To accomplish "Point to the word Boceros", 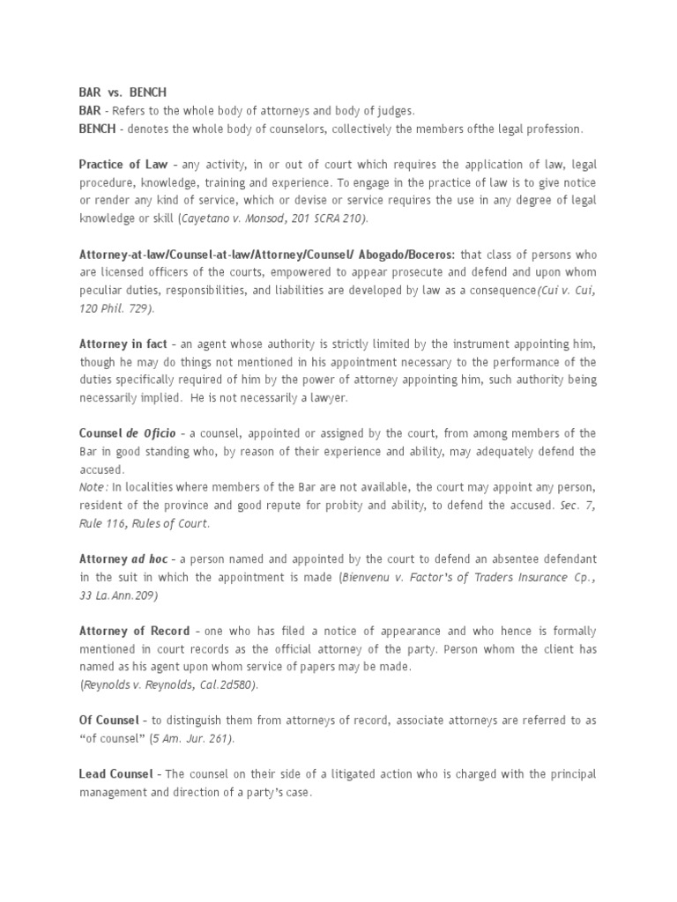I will (427, 254).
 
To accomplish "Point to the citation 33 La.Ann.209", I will (119, 595).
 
